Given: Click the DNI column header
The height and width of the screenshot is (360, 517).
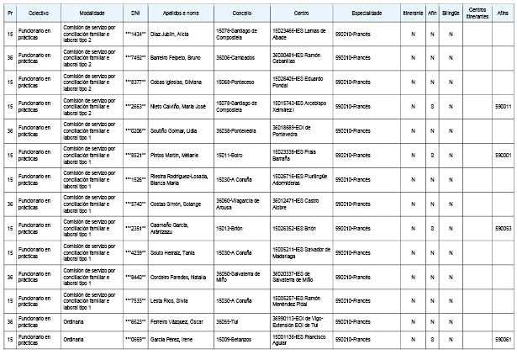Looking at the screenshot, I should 136,14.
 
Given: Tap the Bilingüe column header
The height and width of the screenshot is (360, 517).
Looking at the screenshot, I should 451,14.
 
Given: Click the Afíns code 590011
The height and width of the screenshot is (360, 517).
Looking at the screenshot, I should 503,107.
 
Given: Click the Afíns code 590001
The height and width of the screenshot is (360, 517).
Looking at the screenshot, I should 503,156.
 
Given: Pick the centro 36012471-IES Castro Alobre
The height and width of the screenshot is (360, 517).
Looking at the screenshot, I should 298,204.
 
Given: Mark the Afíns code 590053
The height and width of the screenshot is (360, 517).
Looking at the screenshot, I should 503,228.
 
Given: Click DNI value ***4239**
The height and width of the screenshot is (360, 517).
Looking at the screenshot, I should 136,252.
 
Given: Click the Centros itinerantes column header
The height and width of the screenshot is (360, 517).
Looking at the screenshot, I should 477,14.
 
